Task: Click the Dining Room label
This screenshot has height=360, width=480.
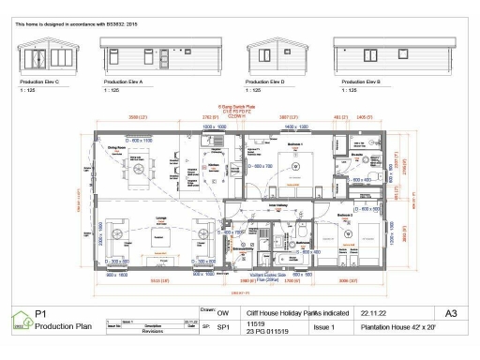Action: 116,148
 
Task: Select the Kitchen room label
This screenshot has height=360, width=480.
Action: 214,163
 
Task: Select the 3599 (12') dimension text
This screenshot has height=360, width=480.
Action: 138,117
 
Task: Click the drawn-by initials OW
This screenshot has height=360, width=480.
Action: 223,314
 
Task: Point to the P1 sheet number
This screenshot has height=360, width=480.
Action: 40,314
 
